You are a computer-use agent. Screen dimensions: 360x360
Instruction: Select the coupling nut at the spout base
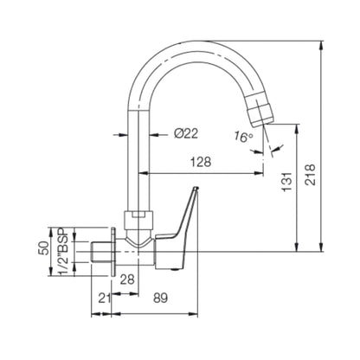pos(139,216)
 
